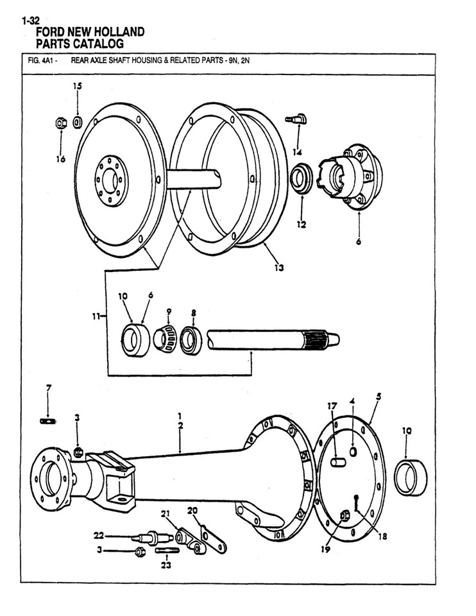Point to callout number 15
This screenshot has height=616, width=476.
77,86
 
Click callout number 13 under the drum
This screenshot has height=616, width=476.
278,267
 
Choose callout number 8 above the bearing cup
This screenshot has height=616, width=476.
193,313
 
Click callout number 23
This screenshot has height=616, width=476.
166,566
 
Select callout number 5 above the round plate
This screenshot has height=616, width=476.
378,397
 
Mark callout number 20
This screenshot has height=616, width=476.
192,510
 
